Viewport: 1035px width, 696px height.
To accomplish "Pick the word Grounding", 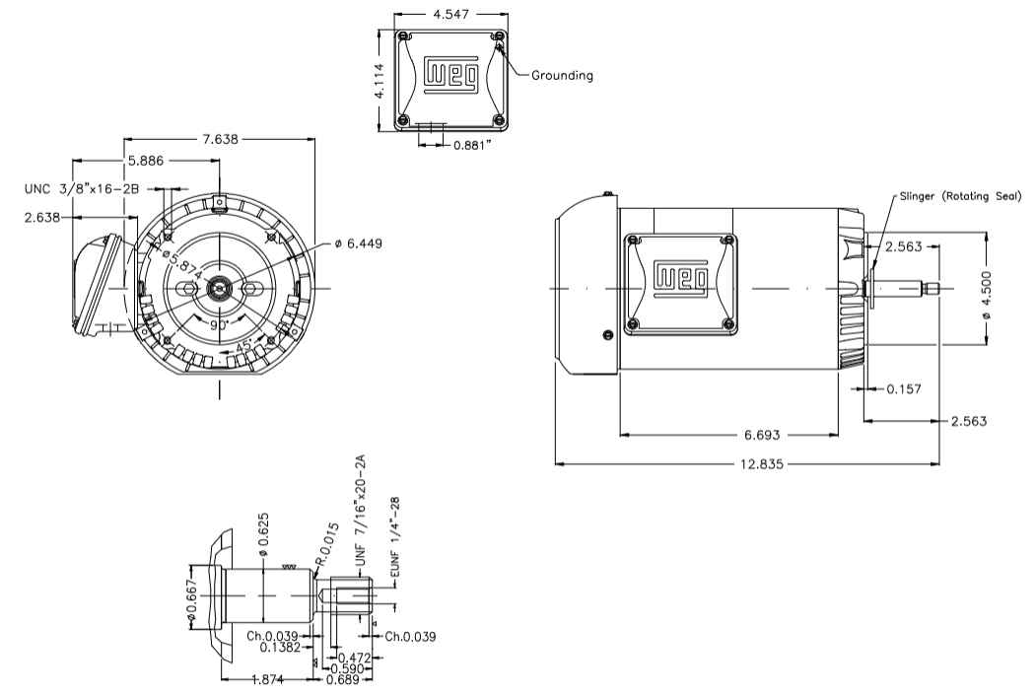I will pyautogui.click(x=562, y=75).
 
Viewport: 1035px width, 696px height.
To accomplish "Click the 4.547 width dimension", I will pyautogui.click(x=450, y=14).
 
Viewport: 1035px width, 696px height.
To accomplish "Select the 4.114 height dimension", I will pyautogui.click(x=379, y=78).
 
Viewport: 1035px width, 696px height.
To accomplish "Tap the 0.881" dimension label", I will pyautogui.click(x=474, y=145).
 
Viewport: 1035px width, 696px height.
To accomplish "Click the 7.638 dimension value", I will pyautogui.click(x=220, y=139).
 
